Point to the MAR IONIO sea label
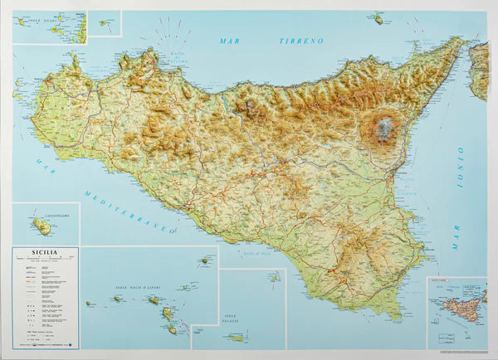457,199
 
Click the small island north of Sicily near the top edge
378,18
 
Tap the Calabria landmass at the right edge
479,71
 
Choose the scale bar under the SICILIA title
43,265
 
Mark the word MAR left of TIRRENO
230,41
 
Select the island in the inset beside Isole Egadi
103,22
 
